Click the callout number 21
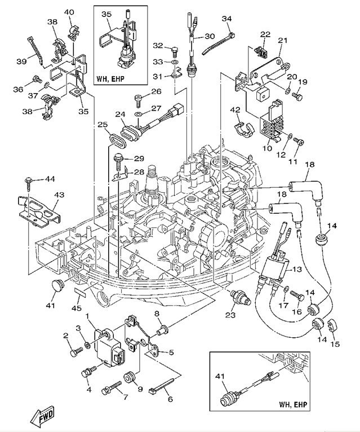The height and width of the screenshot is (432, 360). coord(282,40)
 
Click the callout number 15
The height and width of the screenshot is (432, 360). coord(335,343)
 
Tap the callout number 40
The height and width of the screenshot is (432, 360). coord(69,12)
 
